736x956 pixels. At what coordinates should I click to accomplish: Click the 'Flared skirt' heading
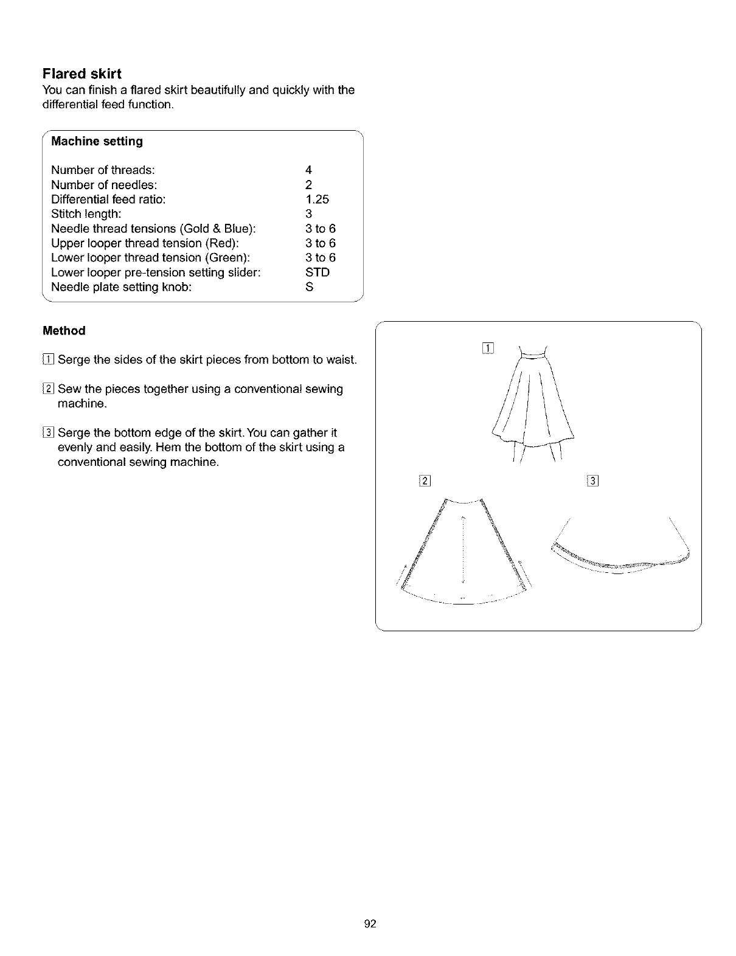82,74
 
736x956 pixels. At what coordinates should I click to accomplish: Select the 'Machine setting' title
97,141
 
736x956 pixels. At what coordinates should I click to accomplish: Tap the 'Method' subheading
64,331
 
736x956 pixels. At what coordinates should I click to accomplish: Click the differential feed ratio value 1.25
317,199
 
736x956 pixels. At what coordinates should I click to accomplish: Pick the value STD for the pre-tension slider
317,272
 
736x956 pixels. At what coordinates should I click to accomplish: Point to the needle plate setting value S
309,287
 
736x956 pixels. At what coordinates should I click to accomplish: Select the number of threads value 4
309,170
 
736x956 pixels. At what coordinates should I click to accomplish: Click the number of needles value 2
309,185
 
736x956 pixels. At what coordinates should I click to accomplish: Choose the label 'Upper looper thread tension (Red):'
148,243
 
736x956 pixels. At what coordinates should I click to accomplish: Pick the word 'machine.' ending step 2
82,404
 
